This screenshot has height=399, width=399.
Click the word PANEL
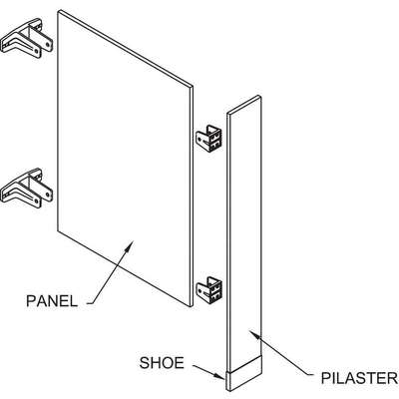[x=52, y=301]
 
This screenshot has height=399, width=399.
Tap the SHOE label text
[x=162, y=363]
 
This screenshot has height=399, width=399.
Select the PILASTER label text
[x=359, y=378]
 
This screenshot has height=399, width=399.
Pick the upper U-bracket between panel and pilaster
[x=208, y=139]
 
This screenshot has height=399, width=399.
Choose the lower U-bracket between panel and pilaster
[x=208, y=289]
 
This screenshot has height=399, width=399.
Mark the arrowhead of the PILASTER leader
[x=254, y=334]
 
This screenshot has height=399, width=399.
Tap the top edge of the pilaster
[x=244, y=104]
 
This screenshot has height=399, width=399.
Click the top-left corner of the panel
[x=58, y=12]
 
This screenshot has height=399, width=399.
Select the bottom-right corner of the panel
[x=193, y=306]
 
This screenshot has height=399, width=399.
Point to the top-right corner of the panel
[x=193, y=86]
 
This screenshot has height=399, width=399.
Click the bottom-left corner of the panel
[x=58, y=230]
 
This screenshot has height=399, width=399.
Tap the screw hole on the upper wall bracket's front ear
[x=49, y=43]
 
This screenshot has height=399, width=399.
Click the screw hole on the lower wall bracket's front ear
[x=49, y=192]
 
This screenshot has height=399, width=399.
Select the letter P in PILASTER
[x=325, y=378]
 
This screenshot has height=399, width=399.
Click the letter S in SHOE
[x=145, y=363]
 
